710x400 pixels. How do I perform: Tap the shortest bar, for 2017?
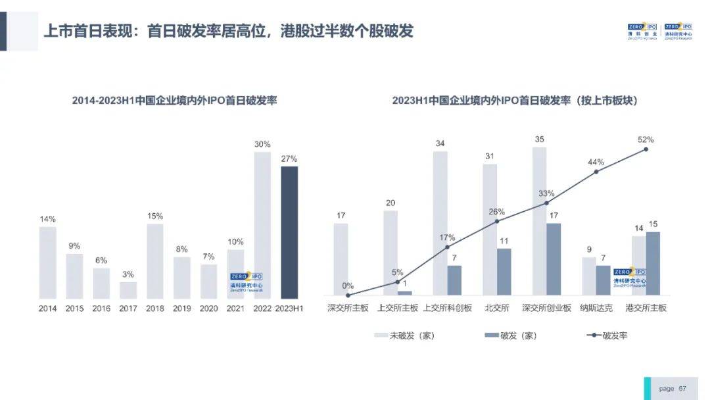click(128, 290)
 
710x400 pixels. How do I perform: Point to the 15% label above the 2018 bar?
click(155, 216)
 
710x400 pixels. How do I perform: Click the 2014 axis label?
click(48, 308)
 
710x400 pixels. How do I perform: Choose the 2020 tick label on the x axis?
click(208, 308)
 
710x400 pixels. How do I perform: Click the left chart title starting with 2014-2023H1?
click(174, 101)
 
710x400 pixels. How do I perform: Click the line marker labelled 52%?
click(646, 149)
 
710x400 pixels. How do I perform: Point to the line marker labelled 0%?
click(348, 295)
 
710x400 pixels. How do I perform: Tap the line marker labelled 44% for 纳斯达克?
click(596, 172)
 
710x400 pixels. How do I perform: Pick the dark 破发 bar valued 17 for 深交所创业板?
click(554, 259)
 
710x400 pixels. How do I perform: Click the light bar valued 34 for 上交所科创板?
click(440, 223)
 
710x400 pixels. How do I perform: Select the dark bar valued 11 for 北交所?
click(504, 272)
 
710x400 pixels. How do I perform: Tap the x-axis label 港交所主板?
click(646, 308)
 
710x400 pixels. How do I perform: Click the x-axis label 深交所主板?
click(348, 308)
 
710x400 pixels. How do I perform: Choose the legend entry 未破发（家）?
click(404, 336)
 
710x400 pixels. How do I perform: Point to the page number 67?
click(682, 389)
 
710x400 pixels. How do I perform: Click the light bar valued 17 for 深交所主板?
click(341, 259)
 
